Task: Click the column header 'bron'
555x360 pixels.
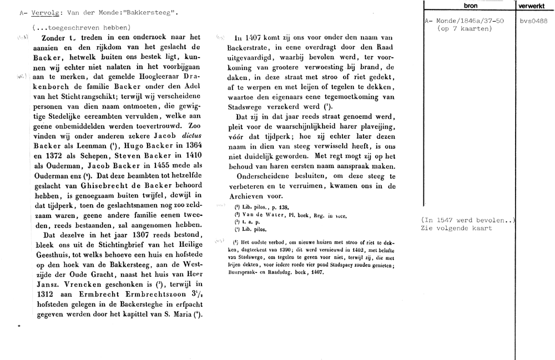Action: click(x=468, y=6)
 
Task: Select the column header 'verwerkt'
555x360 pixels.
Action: click(x=534, y=6)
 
